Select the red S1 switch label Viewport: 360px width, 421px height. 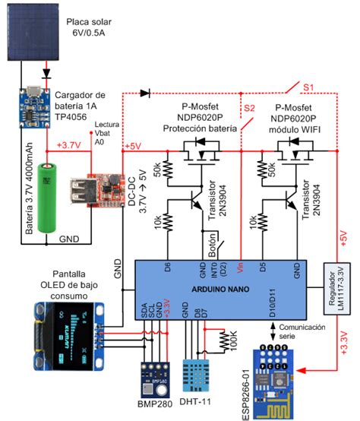pos(311,89)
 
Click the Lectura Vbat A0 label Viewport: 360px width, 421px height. pos(105,131)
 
